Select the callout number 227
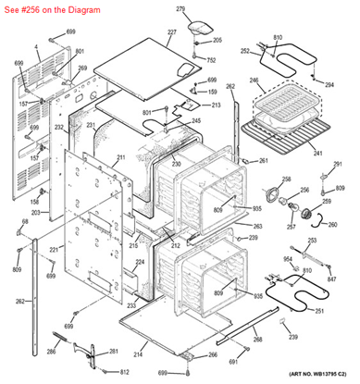tap(171, 32)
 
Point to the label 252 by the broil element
tap(245, 52)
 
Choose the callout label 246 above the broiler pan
tap(255, 82)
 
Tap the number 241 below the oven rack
tap(317, 154)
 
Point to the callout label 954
tap(288, 258)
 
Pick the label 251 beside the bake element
tap(320, 310)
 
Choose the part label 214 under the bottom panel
tap(138, 355)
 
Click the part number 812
tap(123, 371)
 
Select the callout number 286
tap(52, 352)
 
